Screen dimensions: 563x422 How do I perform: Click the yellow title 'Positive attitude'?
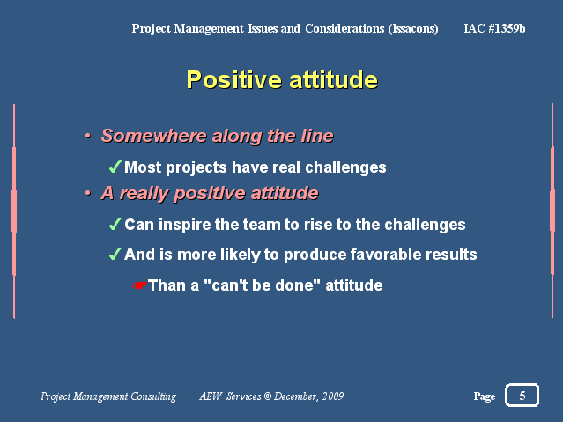pos(282,79)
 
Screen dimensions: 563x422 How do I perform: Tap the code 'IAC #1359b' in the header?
pos(494,28)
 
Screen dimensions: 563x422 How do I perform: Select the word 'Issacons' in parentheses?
pos(413,29)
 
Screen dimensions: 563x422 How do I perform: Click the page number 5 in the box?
pos(522,396)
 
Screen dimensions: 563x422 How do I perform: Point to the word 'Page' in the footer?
pos(485,396)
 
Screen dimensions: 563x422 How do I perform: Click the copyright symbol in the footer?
pos(268,396)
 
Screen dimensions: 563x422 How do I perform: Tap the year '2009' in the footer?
pos(333,396)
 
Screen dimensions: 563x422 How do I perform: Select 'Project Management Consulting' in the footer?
pos(108,396)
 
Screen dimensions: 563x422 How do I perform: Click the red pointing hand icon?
pos(140,285)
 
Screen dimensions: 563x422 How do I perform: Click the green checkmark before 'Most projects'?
pos(115,167)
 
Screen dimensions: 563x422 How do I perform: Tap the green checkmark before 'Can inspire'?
pos(115,224)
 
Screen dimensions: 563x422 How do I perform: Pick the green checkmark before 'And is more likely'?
pos(115,254)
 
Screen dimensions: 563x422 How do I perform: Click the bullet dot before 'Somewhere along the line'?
pos(88,136)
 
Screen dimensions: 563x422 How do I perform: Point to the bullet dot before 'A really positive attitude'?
pos(88,193)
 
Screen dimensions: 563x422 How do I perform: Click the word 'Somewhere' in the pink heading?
pos(153,136)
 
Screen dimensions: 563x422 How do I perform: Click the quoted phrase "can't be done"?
pos(262,285)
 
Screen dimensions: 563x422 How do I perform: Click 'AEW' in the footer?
pos(211,396)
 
